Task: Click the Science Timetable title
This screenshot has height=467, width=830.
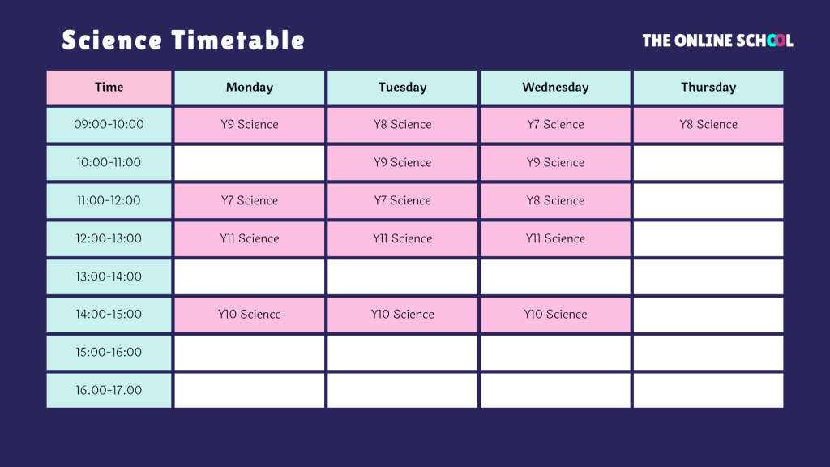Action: (x=183, y=41)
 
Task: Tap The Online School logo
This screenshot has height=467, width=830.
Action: (x=718, y=41)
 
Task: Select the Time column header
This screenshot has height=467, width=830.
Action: (x=109, y=88)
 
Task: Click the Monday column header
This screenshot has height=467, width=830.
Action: (x=250, y=88)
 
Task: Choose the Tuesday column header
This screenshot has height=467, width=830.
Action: (x=402, y=88)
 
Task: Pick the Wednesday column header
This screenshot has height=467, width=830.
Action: (x=555, y=88)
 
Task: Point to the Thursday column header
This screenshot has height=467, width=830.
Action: (x=708, y=88)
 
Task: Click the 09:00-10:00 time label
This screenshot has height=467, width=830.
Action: (x=109, y=125)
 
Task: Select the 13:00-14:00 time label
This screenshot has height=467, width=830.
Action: (x=109, y=277)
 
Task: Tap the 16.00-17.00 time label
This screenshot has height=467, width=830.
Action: (x=109, y=391)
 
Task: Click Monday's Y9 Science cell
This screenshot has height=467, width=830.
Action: (x=250, y=125)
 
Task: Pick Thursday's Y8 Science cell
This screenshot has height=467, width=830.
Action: (x=708, y=125)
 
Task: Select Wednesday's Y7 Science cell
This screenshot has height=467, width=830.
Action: (x=555, y=125)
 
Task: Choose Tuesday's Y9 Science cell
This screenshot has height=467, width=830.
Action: (x=402, y=163)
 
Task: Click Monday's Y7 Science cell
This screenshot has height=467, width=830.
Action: (x=250, y=201)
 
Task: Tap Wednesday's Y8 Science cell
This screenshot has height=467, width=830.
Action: (x=555, y=201)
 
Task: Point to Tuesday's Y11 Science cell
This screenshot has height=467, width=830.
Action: (x=402, y=239)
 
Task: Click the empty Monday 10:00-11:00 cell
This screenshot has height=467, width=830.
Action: (x=250, y=163)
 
